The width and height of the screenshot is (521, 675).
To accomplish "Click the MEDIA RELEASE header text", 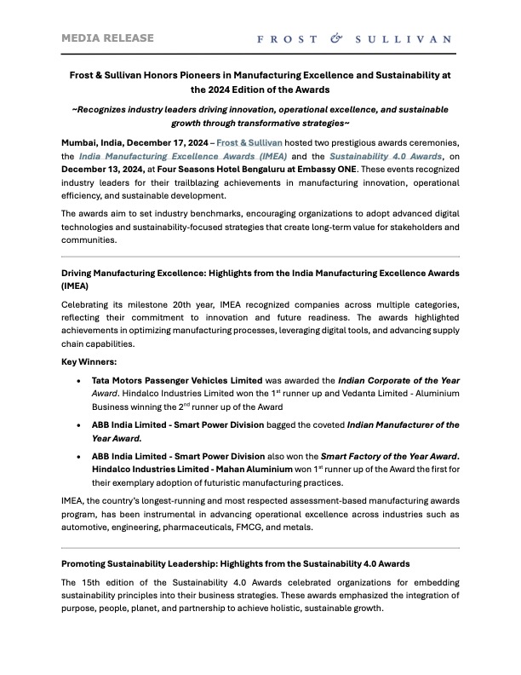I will [x=107, y=37].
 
